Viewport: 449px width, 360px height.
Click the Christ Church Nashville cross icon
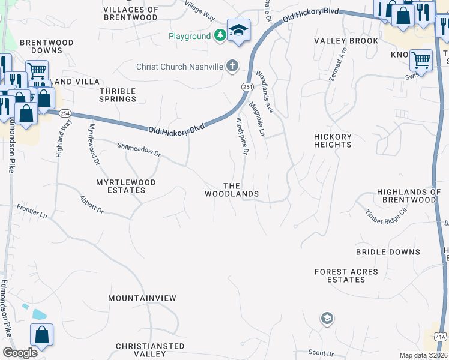point(232,67)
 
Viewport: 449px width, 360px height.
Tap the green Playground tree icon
point(220,36)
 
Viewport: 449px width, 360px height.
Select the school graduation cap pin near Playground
point(238,31)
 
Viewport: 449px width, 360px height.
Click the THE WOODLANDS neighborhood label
point(232,190)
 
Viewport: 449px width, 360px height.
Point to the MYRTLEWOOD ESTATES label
point(126,186)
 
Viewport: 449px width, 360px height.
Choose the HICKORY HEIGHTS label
point(333,140)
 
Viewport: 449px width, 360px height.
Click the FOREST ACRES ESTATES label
point(346,275)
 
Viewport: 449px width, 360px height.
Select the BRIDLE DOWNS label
point(388,252)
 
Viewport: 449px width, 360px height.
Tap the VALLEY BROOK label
point(346,41)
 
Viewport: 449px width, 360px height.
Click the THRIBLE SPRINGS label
point(118,95)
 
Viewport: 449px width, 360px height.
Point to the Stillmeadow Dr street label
point(139,149)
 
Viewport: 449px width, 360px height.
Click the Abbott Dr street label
point(91,205)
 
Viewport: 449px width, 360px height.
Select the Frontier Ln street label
point(32,212)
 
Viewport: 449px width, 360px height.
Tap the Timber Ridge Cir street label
point(386,221)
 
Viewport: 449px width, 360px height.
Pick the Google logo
point(20,353)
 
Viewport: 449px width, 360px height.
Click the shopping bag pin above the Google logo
point(41,336)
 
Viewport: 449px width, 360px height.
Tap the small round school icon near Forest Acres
point(327,318)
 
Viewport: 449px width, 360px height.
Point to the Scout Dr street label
point(321,353)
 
